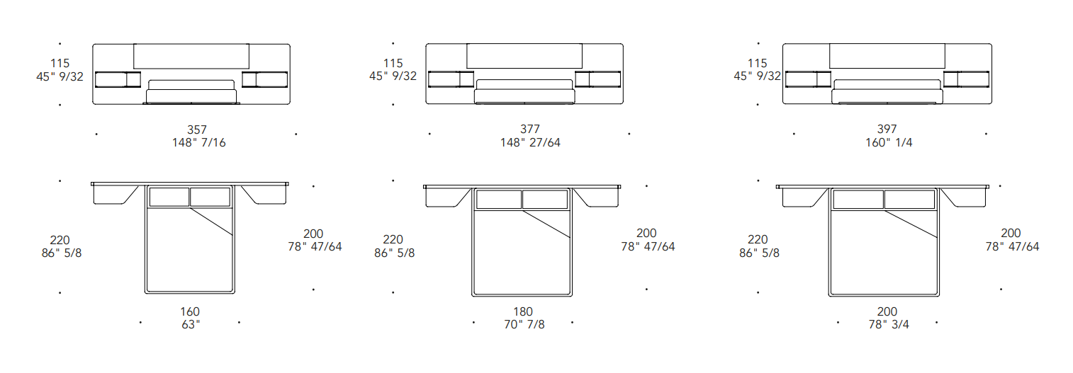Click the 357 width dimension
pos(196,130)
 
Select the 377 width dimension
pos(530,129)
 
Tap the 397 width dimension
pos(887,129)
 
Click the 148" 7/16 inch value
pos(198,142)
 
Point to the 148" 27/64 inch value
pos(530,142)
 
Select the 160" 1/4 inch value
pos(889,142)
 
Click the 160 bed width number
pos(190,312)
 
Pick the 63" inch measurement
pos(191,325)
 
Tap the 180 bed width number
pos(523,312)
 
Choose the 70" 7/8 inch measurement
pos(524,325)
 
